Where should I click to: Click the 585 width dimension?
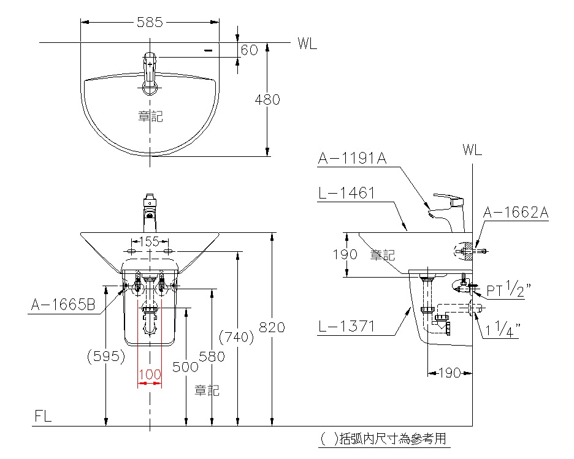click(150, 22)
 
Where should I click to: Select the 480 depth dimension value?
click(267, 99)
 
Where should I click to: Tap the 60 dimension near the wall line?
click(250, 50)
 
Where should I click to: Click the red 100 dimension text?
click(150, 374)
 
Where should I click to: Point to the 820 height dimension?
click(272, 327)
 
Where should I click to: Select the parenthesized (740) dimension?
click(237, 337)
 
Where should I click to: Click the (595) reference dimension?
click(106, 356)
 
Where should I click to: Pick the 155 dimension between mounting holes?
click(150, 241)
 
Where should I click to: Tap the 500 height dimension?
click(185, 367)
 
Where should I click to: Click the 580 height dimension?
click(212, 357)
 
